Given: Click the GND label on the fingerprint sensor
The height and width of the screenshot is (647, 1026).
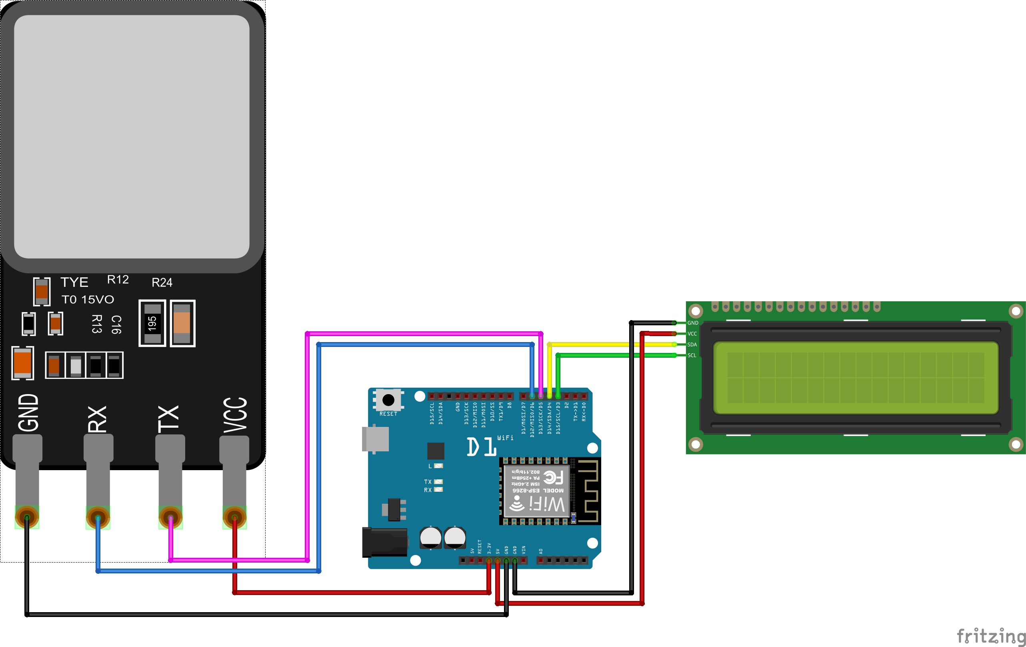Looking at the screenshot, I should pyautogui.click(x=28, y=412).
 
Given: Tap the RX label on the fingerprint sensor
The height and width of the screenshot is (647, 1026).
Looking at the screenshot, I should pyautogui.click(x=97, y=419).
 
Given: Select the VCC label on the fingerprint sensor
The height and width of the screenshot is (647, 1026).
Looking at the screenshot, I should pyautogui.click(x=235, y=415).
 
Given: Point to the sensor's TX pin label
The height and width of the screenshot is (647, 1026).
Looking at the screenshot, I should pyautogui.click(x=168, y=419).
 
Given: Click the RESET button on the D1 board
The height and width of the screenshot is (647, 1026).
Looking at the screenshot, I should pyautogui.click(x=388, y=400).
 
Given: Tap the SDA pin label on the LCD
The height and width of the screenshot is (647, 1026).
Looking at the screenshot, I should pyautogui.click(x=692, y=345).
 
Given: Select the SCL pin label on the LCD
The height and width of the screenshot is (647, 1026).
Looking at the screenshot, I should pyautogui.click(x=692, y=355).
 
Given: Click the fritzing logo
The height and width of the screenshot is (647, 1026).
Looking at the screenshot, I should pyautogui.click(x=990, y=636).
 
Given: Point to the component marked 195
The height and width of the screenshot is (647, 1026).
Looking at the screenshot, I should pyautogui.click(x=152, y=323).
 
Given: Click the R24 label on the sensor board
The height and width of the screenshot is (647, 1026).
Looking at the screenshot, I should pyautogui.click(x=162, y=282).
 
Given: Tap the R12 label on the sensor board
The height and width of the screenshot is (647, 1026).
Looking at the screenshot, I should pyautogui.click(x=118, y=280).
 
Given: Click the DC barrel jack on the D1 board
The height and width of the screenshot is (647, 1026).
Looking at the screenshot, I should pyautogui.click(x=384, y=542).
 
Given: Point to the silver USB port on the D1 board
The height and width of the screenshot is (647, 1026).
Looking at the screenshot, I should pyautogui.click(x=375, y=438).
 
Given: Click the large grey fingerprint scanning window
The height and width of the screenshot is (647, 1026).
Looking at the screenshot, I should pyautogui.click(x=132, y=136).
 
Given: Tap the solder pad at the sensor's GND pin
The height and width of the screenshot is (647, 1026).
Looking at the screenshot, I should pyautogui.click(x=27, y=517).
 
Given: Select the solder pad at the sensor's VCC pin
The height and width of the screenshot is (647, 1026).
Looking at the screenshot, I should pyautogui.click(x=234, y=517).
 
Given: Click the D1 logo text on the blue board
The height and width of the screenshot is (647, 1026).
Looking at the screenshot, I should pyautogui.click(x=482, y=447).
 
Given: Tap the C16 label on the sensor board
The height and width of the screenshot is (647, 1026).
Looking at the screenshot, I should pyautogui.click(x=116, y=325).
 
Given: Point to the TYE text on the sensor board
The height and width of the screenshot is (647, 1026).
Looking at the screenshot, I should pyautogui.click(x=74, y=282).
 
